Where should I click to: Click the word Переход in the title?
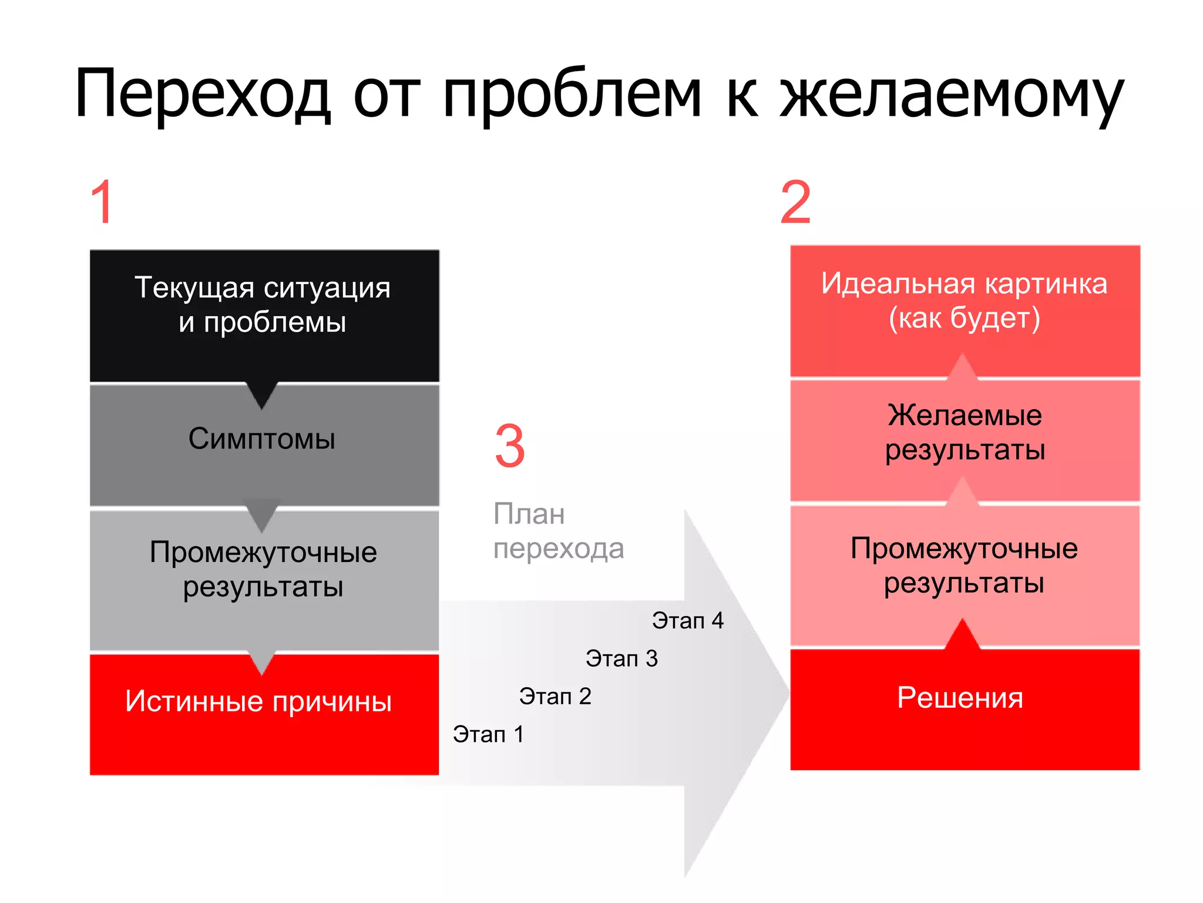(203, 94)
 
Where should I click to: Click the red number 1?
(102, 202)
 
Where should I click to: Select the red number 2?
(795, 202)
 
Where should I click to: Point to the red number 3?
(509, 446)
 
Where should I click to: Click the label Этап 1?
(488, 734)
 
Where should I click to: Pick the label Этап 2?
(555, 696)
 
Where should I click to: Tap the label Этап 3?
(621, 658)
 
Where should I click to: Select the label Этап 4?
(688, 621)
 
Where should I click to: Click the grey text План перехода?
(558, 531)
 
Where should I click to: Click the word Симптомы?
(262, 439)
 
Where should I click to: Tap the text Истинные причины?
(258, 701)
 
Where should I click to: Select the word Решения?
(960, 698)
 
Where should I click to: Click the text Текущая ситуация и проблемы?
(263, 305)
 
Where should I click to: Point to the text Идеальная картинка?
(964, 283)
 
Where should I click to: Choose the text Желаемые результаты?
(965, 432)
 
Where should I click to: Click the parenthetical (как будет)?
(964, 318)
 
